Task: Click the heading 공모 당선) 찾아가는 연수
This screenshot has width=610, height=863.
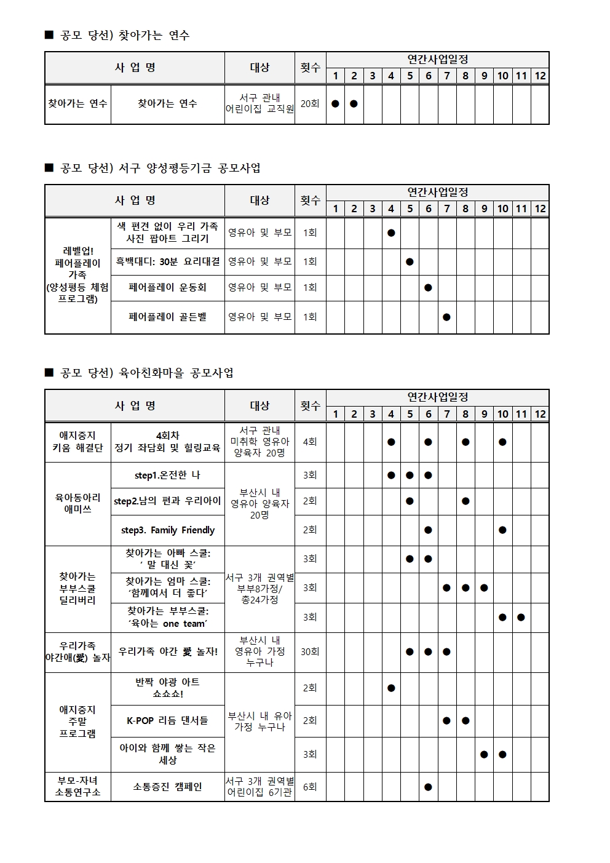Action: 125,36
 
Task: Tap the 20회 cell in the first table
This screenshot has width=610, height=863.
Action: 310,104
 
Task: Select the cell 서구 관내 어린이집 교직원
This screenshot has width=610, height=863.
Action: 259,104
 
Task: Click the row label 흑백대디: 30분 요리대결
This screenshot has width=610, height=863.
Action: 168,261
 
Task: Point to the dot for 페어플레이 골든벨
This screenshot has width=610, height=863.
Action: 446,317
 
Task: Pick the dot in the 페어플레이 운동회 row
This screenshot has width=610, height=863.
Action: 428,287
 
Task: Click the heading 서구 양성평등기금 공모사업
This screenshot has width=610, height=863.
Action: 160,168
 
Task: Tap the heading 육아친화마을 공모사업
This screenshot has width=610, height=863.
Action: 147,373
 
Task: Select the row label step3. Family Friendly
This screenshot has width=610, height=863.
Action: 168,530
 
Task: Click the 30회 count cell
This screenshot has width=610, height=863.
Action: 310,651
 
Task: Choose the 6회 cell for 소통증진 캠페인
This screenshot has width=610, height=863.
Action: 310,787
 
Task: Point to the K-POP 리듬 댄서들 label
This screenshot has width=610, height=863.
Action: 167,720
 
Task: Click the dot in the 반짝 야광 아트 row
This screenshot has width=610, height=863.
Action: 391,688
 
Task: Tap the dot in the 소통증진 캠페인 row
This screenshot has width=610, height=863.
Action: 428,787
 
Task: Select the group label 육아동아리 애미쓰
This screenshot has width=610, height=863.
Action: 77,503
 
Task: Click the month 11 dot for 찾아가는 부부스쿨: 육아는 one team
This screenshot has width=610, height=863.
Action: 521,617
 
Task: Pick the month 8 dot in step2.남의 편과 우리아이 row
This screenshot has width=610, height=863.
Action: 465,501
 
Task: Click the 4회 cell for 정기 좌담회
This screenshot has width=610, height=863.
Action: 310,442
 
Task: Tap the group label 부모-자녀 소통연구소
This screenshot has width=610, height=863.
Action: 77,787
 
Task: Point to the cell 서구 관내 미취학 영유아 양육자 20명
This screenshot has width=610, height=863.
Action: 259,442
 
